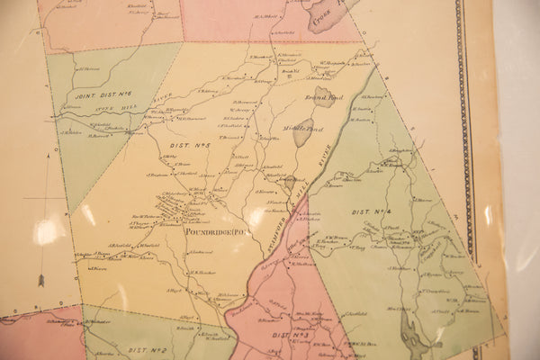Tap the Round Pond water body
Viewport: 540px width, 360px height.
(x=324, y=96)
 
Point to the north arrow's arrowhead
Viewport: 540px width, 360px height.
(x=40, y=281)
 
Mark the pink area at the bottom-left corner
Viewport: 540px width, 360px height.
(x=36, y=337)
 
